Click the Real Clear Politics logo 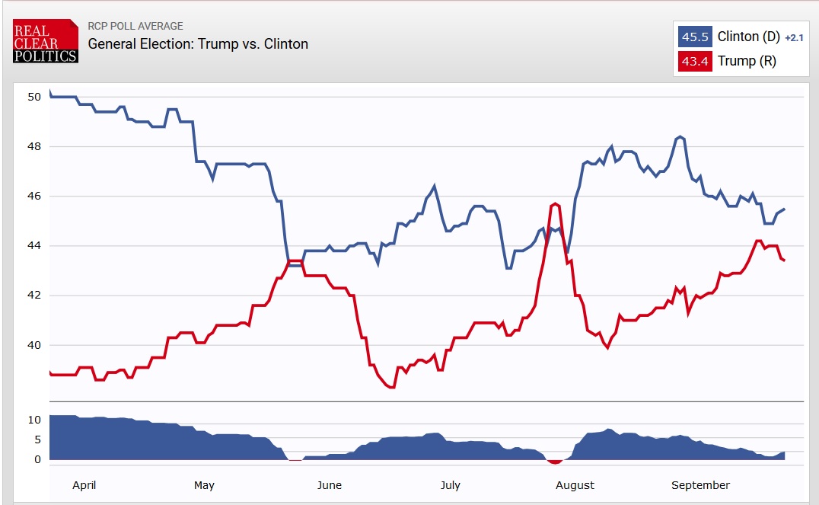point(45,40)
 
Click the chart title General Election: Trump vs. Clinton point(198,43)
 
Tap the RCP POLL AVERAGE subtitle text point(135,26)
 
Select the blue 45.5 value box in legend point(695,37)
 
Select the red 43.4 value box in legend point(695,61)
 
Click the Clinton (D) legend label point(749,37)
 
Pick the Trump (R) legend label point(747,61)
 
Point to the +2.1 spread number point(794,37)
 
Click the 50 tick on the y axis point(34,97)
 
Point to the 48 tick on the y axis point(34,146)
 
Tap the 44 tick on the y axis point(34,246)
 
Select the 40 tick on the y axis point(34,345)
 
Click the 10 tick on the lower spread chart point(34,420)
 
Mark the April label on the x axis point(84,485)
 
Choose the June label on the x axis point(329,485)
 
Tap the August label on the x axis point(575,485)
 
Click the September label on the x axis point(700,485)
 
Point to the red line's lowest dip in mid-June point(392,387)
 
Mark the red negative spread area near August point(555,462)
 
